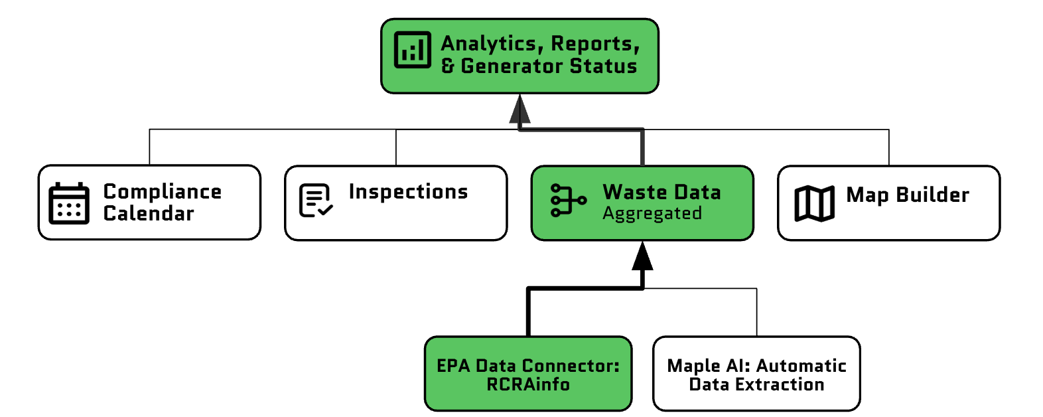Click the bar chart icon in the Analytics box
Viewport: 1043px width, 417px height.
(x=412, y=50)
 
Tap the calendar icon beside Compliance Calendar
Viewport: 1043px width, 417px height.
(x=69, y=203)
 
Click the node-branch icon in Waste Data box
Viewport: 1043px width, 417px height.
(x=568, y=200)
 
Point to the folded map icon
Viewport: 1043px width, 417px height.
(x=814, y=203)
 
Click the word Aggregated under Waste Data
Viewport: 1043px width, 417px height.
(x=652, y=214)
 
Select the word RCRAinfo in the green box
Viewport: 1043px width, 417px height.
(x=528, y=384)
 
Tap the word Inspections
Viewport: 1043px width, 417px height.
(x=408, y=192)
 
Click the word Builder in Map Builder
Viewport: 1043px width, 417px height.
(x=932, y=195)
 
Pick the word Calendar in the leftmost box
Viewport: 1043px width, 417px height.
(x=149, y=214)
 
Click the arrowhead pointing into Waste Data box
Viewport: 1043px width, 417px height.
(x=642, y=257)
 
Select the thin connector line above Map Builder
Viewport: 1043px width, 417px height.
(x=888, y=147)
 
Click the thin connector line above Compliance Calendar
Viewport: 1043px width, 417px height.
(x=150, y=147)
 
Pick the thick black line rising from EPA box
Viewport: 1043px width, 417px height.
(x=528, y=312)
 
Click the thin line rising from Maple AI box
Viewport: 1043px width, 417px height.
(x=756, y=312)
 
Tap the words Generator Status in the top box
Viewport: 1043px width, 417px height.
(x=549, y=66)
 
